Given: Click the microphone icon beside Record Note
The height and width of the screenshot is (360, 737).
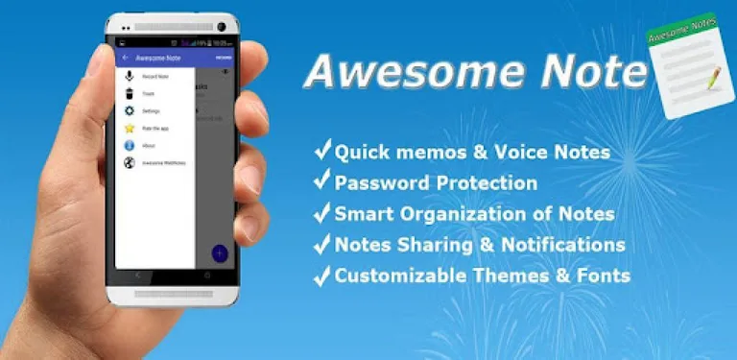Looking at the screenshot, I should pyautogui.click(x=130, y=76).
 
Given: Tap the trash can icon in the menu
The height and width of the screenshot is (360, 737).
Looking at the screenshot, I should pyautogui.click(x=130, y=93).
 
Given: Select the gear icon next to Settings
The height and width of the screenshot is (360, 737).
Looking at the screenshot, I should pyautogui.click(x=130, y=110).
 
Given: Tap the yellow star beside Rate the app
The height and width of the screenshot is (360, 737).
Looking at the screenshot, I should pyautogui.click(x=130, y=128).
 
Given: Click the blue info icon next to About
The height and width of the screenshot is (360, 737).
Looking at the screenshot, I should pyautogui.click(x=130, y=145).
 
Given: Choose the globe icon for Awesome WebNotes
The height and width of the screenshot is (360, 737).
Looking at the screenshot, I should pyautogui.click(x=130, y=162).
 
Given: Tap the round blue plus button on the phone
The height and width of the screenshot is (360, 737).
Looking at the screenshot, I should pyautogui.click(x=220, y=253).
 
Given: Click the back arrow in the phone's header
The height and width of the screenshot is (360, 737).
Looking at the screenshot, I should pyautogui.click(x=126, y=58).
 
